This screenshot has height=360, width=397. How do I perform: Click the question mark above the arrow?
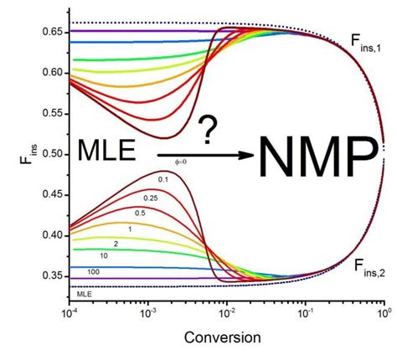(209, 131)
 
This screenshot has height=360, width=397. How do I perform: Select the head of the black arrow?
(243, 155)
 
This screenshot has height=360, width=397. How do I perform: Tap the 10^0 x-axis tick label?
(383, 312)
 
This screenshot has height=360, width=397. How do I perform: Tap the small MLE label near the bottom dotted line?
(85, 294)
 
